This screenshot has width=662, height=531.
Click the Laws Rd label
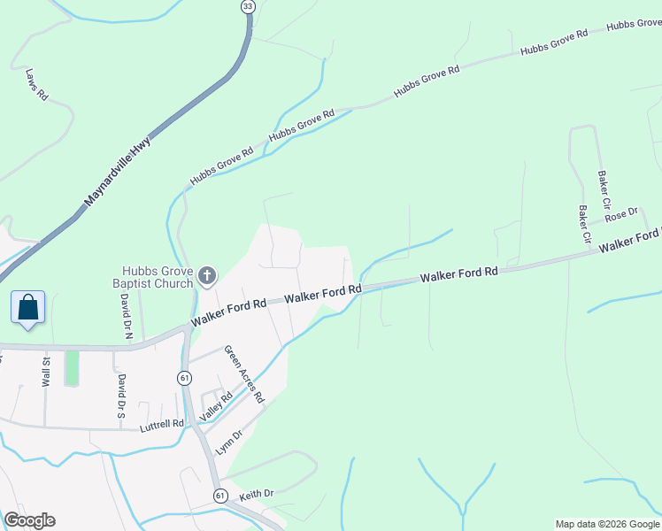(36, 84)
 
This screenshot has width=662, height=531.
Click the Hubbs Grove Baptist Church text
(158, 277)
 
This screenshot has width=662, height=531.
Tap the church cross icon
(206, 277)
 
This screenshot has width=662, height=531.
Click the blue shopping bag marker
(28, 308)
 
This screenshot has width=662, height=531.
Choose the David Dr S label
(121, 396)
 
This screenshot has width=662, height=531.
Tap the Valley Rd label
(215, 409)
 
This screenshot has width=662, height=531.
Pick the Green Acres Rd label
(243, 374)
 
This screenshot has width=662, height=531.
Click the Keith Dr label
(257, 493)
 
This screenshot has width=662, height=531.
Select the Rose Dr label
(620, 215)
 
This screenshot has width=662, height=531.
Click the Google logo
(29, 520)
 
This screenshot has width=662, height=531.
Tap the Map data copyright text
(607, 524)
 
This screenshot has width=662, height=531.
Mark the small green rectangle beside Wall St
(72, 368)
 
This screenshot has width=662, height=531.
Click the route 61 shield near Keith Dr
(219, 495)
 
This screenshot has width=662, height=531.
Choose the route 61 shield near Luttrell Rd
(184, 378)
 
